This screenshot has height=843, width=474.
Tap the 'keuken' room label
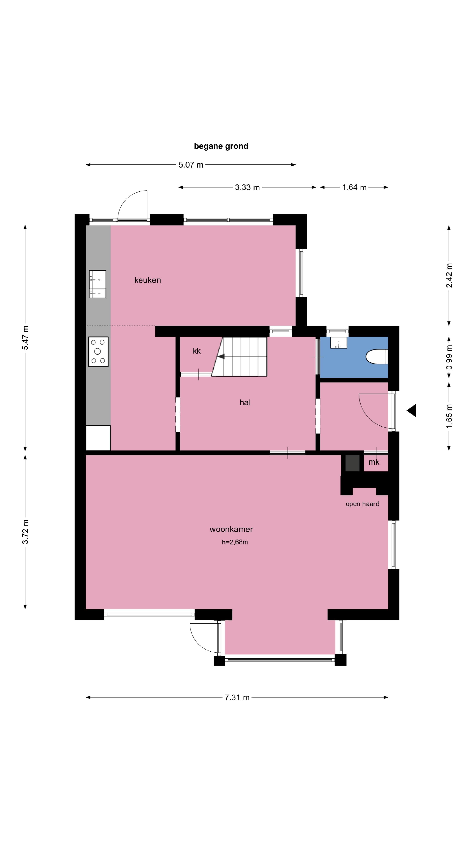click(147, 280)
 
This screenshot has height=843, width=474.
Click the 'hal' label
click(245, 403)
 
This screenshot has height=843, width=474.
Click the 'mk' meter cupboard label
click(373, 462)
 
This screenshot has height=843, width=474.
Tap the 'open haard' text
click(362, 504)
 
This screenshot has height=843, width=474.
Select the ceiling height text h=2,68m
click(235, 542)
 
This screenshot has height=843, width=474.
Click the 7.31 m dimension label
click(237, 697)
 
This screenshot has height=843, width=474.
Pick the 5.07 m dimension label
click(191, 165)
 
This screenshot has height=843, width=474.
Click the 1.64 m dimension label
click(354, 187)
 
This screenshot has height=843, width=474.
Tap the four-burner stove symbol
click(98, 351)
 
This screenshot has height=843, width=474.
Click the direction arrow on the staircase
click(221, 356)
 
